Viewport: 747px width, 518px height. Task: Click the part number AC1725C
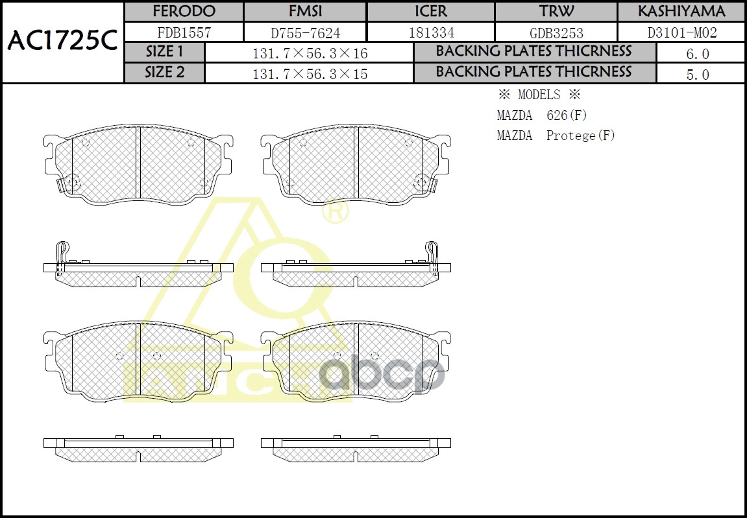click(62, 41)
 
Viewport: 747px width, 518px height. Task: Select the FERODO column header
click(184, 12)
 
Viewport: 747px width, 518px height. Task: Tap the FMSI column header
click(305, 12)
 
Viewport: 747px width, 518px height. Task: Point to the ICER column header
click(431, 12)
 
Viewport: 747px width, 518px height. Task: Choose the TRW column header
click(556, 12)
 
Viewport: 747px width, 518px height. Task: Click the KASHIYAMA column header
click(681, 12)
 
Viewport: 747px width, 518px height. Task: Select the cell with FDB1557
click(184, 32)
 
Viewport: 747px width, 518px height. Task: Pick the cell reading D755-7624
click(305, 32)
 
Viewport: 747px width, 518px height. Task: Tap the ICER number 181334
click(431, 32)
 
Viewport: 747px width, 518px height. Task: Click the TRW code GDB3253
click(556, 32)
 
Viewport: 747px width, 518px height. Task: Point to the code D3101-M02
click(681, 32)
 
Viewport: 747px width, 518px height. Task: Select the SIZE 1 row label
click(164, 52)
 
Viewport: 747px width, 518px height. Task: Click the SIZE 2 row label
click(164, 72)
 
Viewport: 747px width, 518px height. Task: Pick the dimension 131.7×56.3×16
click(310, 54)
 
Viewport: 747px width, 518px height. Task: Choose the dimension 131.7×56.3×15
click(310, 74)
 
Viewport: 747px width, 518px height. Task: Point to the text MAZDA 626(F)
click(542, 115)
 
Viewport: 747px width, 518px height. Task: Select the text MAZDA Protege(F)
click(556, 135)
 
